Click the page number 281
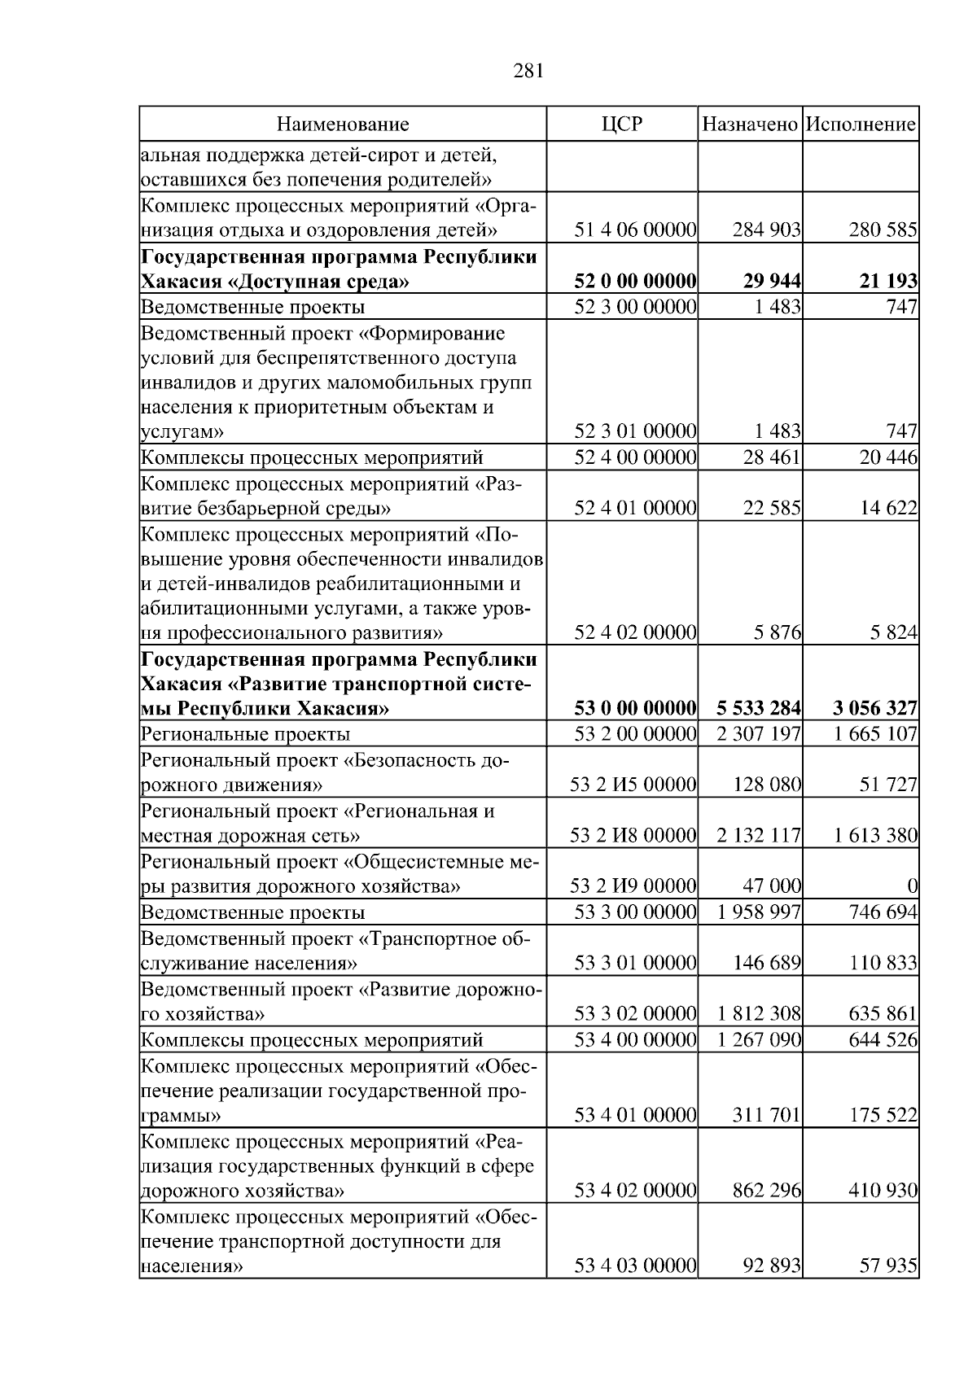point(529,71)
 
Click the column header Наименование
point(343,124)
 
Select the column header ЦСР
point(621,124)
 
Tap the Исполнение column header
point(861,124)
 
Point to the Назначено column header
point(750,124)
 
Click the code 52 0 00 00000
point(635,282)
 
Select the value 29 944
point(772,282)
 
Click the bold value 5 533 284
point(759,708)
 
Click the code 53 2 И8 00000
point(633,836)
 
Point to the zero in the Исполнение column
point(912,886)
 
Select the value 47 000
point(772,886)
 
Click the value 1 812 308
point(759,1014)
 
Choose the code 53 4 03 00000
point(635,1266)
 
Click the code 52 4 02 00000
point(635,632)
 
